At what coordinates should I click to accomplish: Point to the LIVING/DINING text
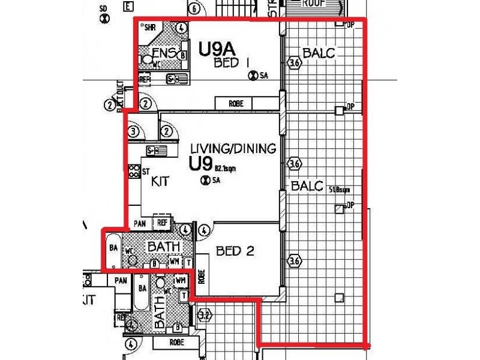tap(232, 148)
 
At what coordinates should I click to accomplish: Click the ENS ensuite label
tap(164, 53)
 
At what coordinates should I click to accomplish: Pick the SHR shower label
tap(150, 28)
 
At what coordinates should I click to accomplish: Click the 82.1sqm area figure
tap(226, 169)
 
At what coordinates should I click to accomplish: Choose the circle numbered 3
tap(134, 131)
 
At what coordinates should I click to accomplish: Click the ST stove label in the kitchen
tap(145, 172)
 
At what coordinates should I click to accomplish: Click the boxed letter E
tap(127, 7)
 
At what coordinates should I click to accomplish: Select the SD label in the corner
tap(103, 9)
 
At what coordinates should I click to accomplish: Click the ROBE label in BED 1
tap(236, 104)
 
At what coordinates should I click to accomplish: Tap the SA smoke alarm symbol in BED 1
tap(253, 76)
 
